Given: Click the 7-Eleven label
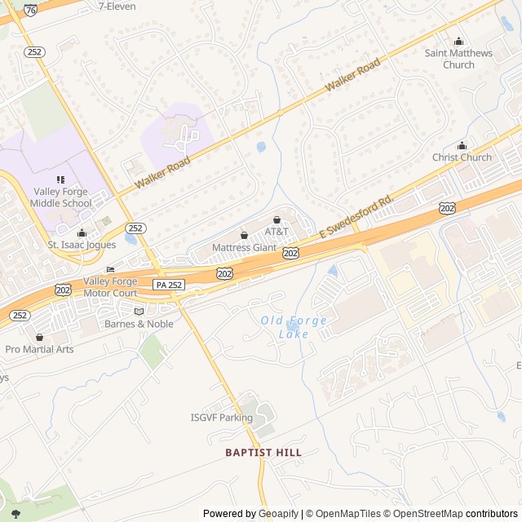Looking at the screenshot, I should click(117, 6).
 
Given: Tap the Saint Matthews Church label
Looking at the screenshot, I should click(458, 59).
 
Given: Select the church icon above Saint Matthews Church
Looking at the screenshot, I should click(458, 42).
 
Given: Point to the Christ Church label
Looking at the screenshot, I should click(462, 157).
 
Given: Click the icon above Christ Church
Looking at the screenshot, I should click(462, 145).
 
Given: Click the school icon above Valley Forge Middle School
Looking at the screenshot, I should click(60, 179).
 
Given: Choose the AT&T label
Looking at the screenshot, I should click(277, 232).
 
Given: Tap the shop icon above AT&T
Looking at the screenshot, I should click(276, 219).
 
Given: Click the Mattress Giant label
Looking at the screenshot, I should click(244, 247).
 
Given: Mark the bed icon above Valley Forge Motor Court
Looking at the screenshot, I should click(110, 270).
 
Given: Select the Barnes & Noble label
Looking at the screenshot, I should click(139, 324).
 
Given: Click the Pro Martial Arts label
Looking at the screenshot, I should click(39, 349).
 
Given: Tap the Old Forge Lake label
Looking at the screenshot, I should click(294, 327).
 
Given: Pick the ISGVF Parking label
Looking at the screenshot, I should click(222, 418).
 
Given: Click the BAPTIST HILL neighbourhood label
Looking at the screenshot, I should click(263, 452).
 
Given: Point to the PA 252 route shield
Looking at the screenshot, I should click(168, 284).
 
